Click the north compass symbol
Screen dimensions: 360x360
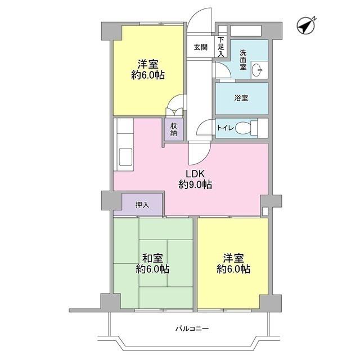point(306,25)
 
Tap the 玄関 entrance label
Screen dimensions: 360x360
point(201,47)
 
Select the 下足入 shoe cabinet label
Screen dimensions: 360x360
point(221,47)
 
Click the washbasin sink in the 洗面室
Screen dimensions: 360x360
point(257,70)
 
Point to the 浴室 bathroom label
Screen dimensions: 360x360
point(241,98)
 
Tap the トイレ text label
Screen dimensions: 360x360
point(225,128)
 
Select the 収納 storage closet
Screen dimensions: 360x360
point(174,129)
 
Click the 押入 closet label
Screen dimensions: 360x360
point(142,205)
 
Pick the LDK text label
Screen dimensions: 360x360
point(195,174)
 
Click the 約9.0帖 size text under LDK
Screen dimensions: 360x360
point(195,184)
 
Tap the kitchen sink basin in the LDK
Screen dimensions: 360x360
point(125,157)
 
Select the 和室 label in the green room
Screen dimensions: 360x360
point(152,258)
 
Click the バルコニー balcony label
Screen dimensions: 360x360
point(192,328)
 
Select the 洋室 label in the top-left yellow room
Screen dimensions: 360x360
point(148,64)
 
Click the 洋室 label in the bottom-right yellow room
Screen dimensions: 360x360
point(233,258)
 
